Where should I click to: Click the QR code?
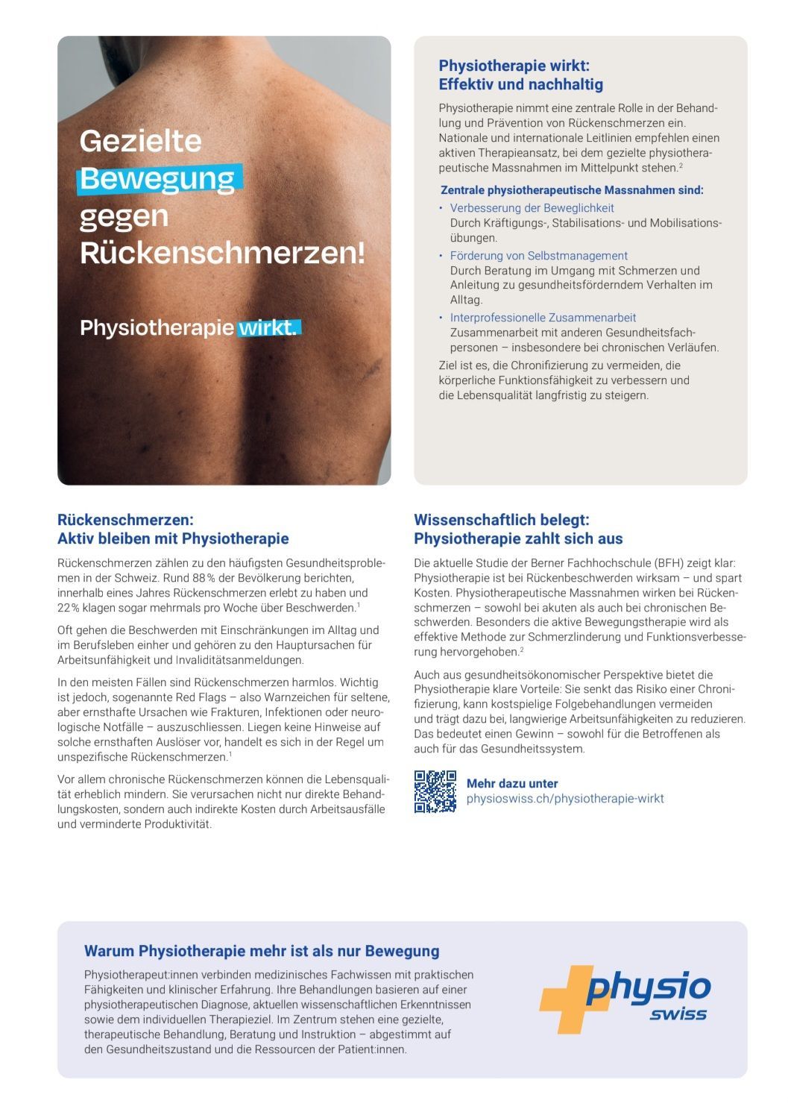[435, 791]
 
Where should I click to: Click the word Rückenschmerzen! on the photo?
[222, 253]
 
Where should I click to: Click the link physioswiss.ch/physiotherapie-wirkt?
[564, 799]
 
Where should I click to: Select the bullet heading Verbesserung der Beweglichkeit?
[532, 208]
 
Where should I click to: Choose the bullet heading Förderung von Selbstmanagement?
[538, 256]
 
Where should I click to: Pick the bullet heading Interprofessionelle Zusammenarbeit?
[543, 318]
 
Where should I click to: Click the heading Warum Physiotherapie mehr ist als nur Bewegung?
[262, 951]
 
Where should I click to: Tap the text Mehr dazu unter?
[511, 783]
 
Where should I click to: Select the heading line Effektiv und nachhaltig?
[520, 84]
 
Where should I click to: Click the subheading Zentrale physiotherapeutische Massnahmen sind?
[572, 190]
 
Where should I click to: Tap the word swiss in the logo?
[678, 1014]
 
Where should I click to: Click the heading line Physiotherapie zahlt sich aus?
[518, 538]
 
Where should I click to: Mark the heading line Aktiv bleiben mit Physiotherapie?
[173, 538]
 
